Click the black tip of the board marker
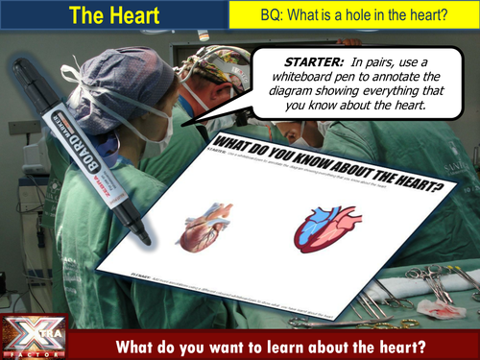click(x=141, y=233)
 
